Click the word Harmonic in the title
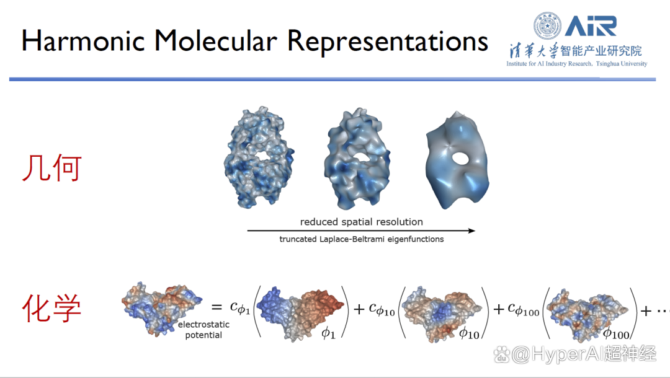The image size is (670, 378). pyautogui.click(x=83, y=42)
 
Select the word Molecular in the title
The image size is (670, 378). pyautogui.click(x=216, y=42)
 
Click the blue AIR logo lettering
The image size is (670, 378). pyautogui.click(x=591, y=26)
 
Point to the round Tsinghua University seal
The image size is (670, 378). pyautogui.click(x=547, y=25)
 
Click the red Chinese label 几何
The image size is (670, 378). pyautogui.click(x=51, y=168)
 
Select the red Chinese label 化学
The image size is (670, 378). pyautogui.click(x=51, y=308)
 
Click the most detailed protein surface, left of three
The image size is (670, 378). pyautogui.click(x=259, y=157)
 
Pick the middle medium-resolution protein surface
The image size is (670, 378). pyautogui.click(x=357, y=159)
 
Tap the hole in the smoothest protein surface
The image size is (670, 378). pyautogui.click(x=461, y=159)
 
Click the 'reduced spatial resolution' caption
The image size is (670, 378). pyautogui.click(x=362, y=222)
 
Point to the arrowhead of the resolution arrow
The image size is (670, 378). pyautogui.click(x=471, y=231)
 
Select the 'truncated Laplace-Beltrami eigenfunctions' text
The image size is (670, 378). pyautogui.click(x=362, y=239)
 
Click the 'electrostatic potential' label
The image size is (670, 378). pyautogui.click(x=204, y=330)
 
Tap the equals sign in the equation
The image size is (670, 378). pyautogui.click(x=217, y=307)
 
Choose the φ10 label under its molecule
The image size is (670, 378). pyautogui.click(x=469, y=333)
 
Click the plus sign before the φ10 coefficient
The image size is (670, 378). pyautogui.click(x=359, y=309)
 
